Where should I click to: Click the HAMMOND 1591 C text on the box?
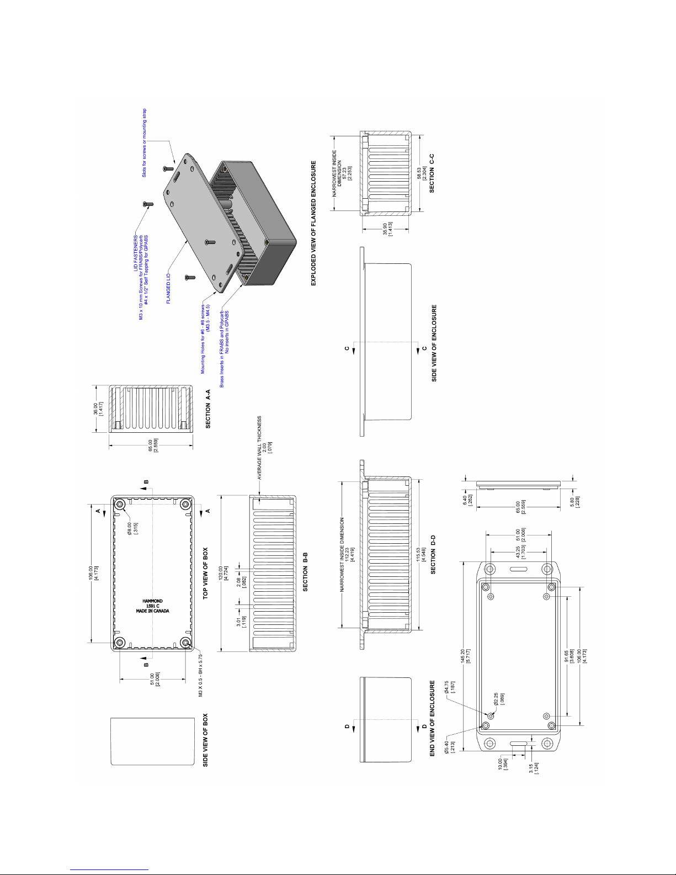(x=152, y=606)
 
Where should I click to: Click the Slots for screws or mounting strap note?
(x=145, y=142)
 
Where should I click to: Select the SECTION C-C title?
(x=432, y=172)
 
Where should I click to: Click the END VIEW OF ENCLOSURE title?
(x=433, y=718)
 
